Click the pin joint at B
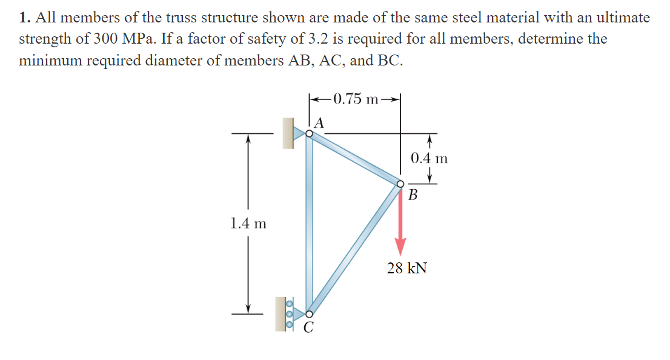(x=400, y=184)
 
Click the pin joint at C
(x=310, y=314)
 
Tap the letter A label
(x=320, y=122)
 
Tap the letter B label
(x=413, y=196)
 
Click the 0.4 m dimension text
(x=429, y=159)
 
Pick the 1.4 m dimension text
(x=248, y=223)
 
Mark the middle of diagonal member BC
(x=355, y=249)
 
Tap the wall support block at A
(x=288, y=133)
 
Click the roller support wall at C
(x=281, y=314)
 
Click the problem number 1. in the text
(x=24, y=18)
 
